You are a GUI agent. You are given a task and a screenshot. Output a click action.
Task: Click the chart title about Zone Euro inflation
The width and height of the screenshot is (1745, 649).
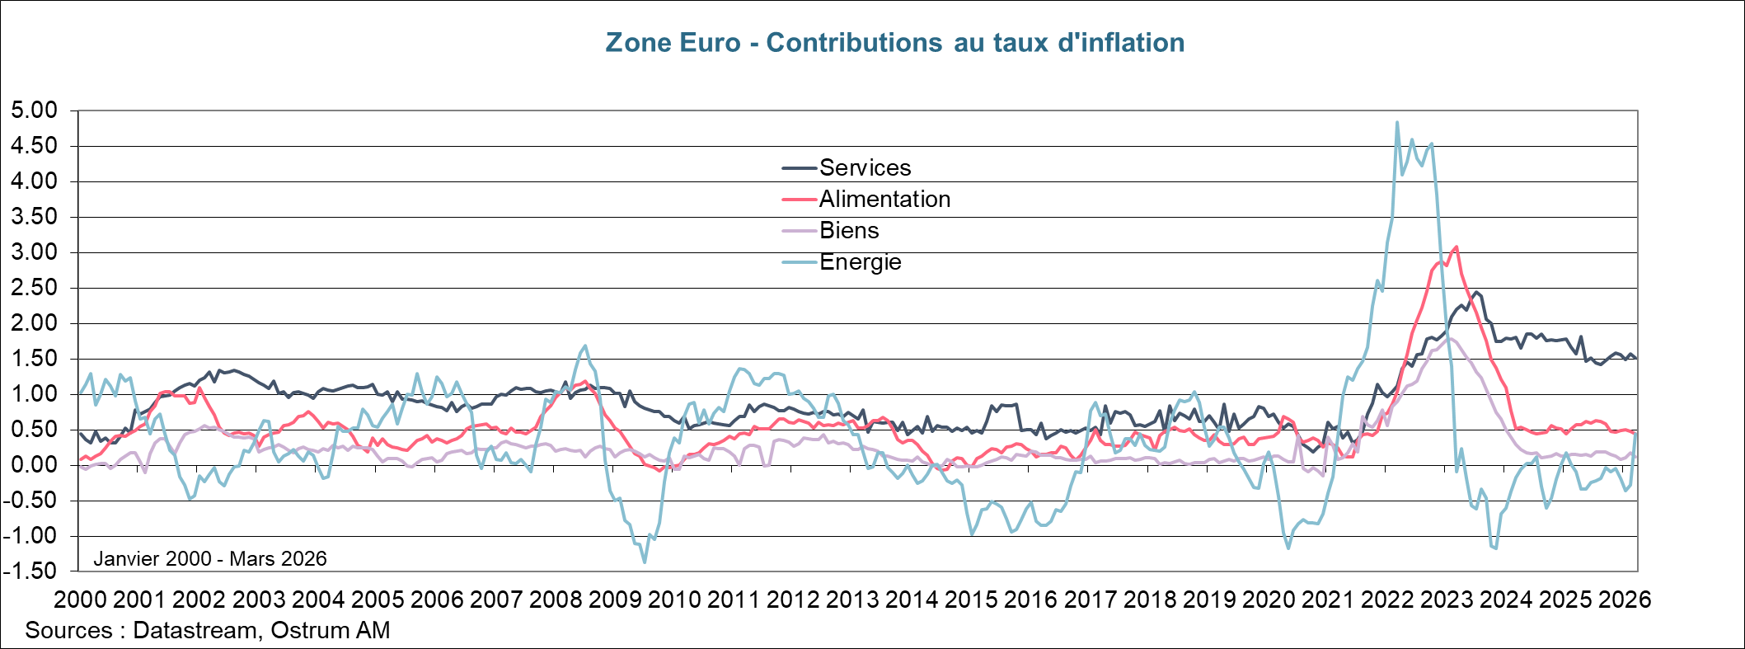[894, 43]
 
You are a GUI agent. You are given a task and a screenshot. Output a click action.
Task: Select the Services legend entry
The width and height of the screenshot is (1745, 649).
[864, 168]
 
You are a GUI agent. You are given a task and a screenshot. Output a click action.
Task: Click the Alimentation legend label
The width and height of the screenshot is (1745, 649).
[884, 200]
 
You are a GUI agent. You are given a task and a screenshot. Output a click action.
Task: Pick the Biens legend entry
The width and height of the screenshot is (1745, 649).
[848, 231]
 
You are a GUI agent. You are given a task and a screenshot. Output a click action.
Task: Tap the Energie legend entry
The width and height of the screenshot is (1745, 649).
[860, 262]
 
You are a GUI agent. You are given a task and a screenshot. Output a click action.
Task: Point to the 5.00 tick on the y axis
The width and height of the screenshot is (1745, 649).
[34, 111]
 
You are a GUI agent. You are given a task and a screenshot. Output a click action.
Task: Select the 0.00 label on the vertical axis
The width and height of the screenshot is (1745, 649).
[34, 465]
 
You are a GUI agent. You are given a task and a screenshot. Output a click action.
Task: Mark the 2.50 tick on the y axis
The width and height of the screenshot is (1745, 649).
[34, 288]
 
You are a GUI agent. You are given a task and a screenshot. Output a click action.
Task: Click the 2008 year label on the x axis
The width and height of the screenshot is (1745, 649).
[556, 600]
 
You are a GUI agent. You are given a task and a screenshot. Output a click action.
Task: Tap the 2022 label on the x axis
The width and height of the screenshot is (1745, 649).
[1387, 600]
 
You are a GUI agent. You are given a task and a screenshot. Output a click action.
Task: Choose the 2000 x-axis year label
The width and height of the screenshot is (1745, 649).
[81, 600]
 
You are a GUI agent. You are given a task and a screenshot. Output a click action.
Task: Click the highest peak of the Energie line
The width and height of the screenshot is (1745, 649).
[1396, 123]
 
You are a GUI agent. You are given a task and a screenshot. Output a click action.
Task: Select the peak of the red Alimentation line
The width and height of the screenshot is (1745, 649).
[1457, 247]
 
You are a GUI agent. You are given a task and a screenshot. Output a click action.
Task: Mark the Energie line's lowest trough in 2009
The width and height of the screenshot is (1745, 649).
[644, 562]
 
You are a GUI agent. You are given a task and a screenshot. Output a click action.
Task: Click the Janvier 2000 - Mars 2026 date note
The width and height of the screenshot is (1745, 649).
[210, 559]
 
